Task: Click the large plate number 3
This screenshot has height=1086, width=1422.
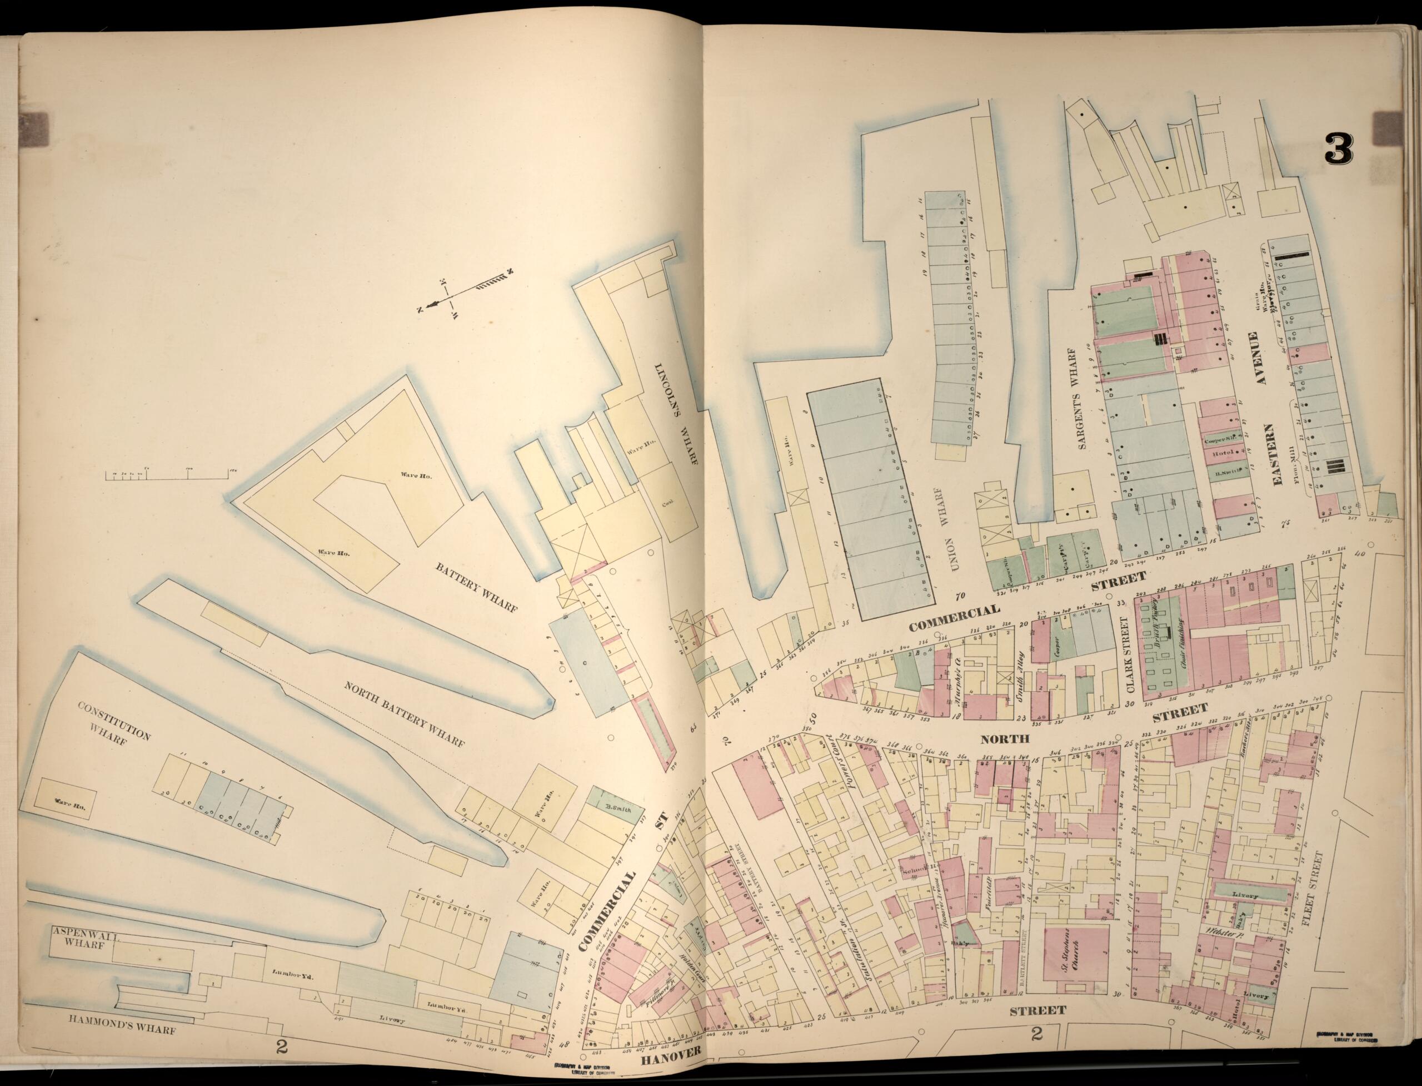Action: pyautogui.click(x=1339, y=148)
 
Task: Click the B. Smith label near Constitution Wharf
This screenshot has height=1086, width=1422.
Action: pyautogui.click(x=616, y=808)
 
